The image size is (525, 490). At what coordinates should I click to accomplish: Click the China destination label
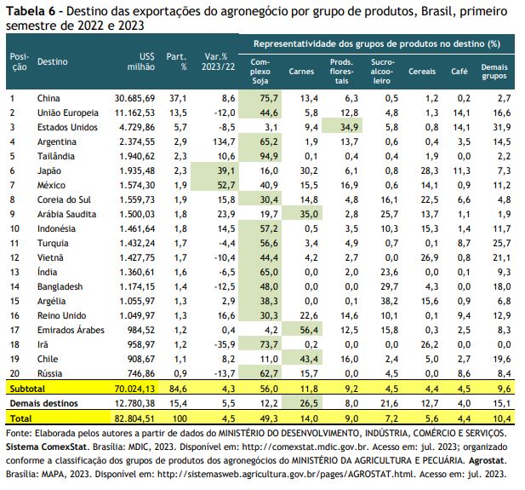tap(49, 98)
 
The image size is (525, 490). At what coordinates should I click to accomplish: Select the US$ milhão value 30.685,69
tap(134, 98)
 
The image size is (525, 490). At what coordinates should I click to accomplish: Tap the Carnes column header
tap(301, 72)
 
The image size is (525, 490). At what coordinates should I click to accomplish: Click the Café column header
tap(459, 71)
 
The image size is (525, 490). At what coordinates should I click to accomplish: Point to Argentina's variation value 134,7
tap(224, 141)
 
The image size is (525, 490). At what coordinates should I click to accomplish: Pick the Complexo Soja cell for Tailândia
tap(269, 156)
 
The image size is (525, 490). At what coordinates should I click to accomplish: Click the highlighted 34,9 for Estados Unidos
tap(349, 128)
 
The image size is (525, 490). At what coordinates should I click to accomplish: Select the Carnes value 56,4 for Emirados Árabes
tap(309, 330)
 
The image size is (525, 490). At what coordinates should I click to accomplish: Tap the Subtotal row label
tap(27, 389)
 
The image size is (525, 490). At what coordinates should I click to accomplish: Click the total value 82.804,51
tap(134, 418)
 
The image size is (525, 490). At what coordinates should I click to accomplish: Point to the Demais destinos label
tap(44, 403)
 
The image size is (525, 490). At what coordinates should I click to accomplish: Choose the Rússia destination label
tap(49, 373)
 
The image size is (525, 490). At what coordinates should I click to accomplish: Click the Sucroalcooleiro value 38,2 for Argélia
tap(389, 301)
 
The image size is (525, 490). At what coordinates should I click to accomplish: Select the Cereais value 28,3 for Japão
tap(429, 170)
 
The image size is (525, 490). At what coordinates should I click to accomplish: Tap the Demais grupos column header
tap(494, 72)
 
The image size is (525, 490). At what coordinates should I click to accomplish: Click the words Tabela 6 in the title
tap(31, 11)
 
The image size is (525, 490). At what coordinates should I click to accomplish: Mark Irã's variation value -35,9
tap(225, 344)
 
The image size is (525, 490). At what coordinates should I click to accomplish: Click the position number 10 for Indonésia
tap(14, 228)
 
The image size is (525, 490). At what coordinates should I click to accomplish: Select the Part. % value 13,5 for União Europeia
tap(178, 112)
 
